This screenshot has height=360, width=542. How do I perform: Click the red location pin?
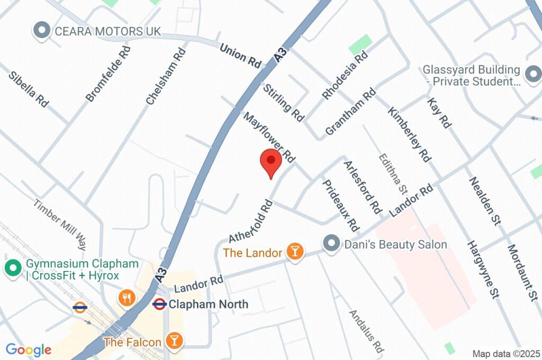271,161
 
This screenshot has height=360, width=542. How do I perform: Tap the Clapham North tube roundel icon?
159,304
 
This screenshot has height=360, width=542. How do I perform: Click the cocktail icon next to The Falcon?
173,341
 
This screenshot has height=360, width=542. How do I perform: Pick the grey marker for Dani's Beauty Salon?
331,244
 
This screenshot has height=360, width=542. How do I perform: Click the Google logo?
28,349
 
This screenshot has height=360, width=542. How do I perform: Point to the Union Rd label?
241,56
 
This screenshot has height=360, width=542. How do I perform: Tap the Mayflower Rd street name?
269,136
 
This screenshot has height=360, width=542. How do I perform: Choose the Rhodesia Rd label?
345,75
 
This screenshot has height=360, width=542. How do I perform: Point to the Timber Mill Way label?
60,224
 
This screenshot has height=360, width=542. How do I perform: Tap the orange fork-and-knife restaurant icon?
126,298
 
